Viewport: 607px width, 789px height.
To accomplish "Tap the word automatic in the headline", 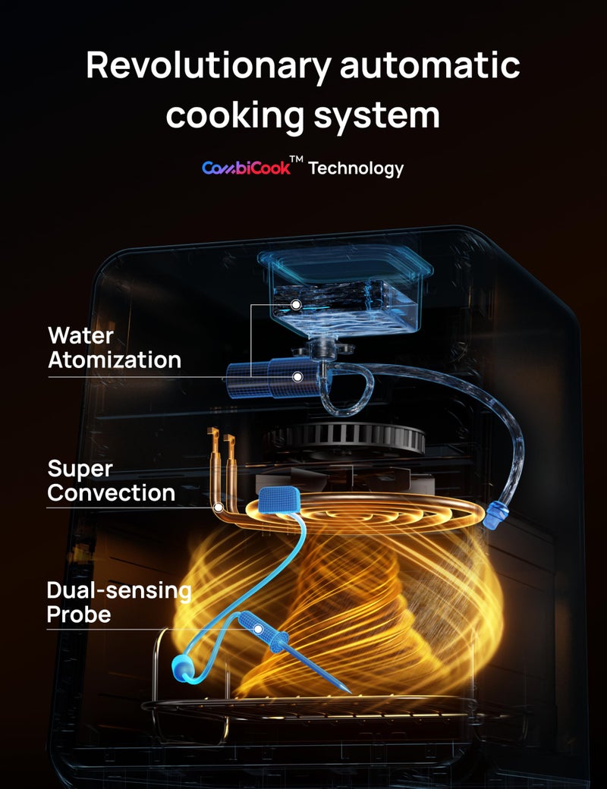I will click(429, 67).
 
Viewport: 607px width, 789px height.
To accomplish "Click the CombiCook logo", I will click(245, 168).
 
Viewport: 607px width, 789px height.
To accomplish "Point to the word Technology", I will click(355, 168).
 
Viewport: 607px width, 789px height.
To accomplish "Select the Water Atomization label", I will click(114, 347).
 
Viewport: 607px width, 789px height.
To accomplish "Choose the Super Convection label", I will click(111, 480).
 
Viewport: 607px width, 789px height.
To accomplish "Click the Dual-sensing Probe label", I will click(118, 602).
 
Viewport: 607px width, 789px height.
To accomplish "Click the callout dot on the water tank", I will click(297, 303).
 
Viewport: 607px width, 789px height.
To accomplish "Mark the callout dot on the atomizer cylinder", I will click(298, 376).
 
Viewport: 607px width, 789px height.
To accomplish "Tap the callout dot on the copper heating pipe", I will click(218, 506).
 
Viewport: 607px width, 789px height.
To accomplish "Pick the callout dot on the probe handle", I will click(257, 629).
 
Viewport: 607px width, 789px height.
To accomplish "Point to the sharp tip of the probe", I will click(347, 690).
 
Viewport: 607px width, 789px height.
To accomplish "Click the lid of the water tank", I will click(345, 262).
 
